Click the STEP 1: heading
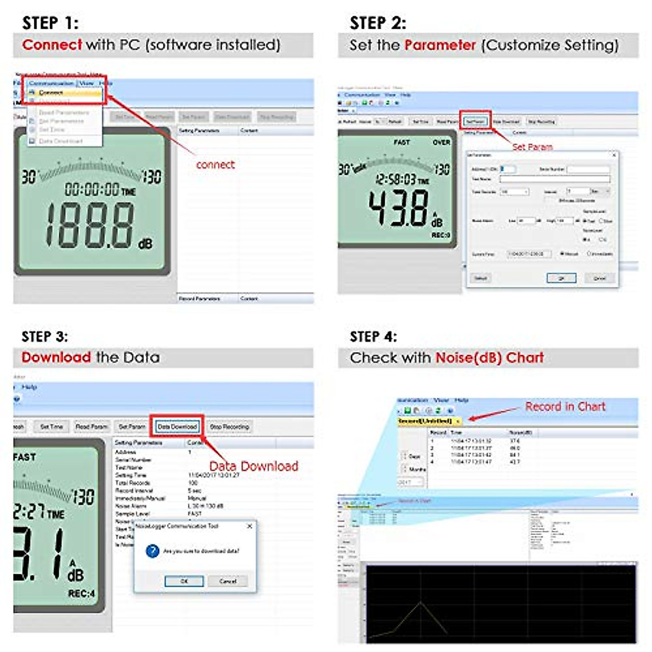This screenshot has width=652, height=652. coord(50,23)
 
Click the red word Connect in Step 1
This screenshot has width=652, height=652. coord(52,45)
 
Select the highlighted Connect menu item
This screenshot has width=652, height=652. coord(51,93)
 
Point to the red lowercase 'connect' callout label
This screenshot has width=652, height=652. coord(215,165)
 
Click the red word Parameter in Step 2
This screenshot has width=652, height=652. coord(440,45)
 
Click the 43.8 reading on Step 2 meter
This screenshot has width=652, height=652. coord(399,208)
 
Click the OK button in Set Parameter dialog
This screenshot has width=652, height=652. coord(561,278)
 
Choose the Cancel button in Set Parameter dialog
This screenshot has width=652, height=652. coord(599,278)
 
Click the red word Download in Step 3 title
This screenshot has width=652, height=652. coord(56,358)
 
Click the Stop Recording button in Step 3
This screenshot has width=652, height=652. coord(229,427)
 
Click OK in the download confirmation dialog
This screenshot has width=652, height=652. coord(184,581)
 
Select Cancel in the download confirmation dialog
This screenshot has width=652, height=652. coord(228,581)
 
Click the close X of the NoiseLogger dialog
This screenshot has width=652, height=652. coord(249,526)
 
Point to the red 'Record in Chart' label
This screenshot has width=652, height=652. coord(565,407)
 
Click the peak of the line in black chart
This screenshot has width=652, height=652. coord(420,602)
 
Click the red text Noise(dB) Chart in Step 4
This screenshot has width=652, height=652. coord(490,358)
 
